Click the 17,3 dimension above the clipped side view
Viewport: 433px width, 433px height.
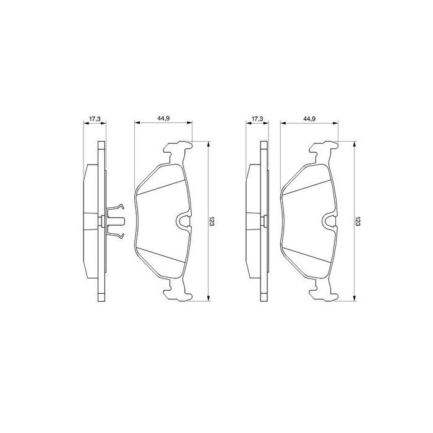point(95,117)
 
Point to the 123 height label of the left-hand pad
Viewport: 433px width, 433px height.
point(212,222)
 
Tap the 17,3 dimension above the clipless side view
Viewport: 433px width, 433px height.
point(257,117)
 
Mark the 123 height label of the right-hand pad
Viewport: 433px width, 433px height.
point(357,222)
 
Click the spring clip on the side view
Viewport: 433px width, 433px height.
point(115,221)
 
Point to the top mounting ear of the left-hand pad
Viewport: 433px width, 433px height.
point(179,149)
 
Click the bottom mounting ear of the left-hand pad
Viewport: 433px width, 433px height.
point(179,293)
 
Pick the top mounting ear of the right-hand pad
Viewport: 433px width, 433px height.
point(325,149)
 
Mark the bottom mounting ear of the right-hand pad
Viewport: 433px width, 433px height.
point(325,293)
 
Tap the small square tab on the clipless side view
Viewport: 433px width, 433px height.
point(264,221)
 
